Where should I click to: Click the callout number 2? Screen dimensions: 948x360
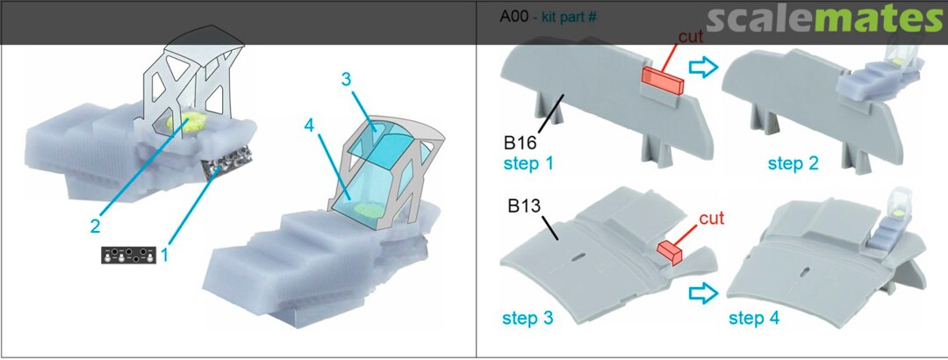pos(96,227)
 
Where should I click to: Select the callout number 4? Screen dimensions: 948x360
pos(310,126)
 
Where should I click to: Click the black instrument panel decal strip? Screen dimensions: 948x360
pos(128,255)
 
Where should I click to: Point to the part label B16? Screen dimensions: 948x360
pos(520,144)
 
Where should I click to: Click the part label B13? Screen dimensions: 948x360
pos(523,205)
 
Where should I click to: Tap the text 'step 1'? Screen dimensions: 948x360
pos(528,163)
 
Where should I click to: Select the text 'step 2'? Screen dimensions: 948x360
pos(794,163)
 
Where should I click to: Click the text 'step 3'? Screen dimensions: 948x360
pos(528,318)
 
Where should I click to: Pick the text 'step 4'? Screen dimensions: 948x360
pos(754,318)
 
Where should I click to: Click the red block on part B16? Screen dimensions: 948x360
pos(662,80)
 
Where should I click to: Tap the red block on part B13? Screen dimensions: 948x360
pos(670,252)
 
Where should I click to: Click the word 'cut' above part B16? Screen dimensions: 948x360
pos(691,37)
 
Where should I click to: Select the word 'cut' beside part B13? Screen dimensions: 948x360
pos(711,218)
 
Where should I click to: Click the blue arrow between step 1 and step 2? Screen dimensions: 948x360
pos(702,68)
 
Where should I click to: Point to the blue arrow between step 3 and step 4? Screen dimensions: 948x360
pos(702,293)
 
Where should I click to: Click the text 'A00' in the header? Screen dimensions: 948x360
pos(512,17)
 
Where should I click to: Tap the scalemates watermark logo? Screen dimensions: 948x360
pos(823,20)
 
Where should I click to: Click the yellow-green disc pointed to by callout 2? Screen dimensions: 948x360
pos(186,123)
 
